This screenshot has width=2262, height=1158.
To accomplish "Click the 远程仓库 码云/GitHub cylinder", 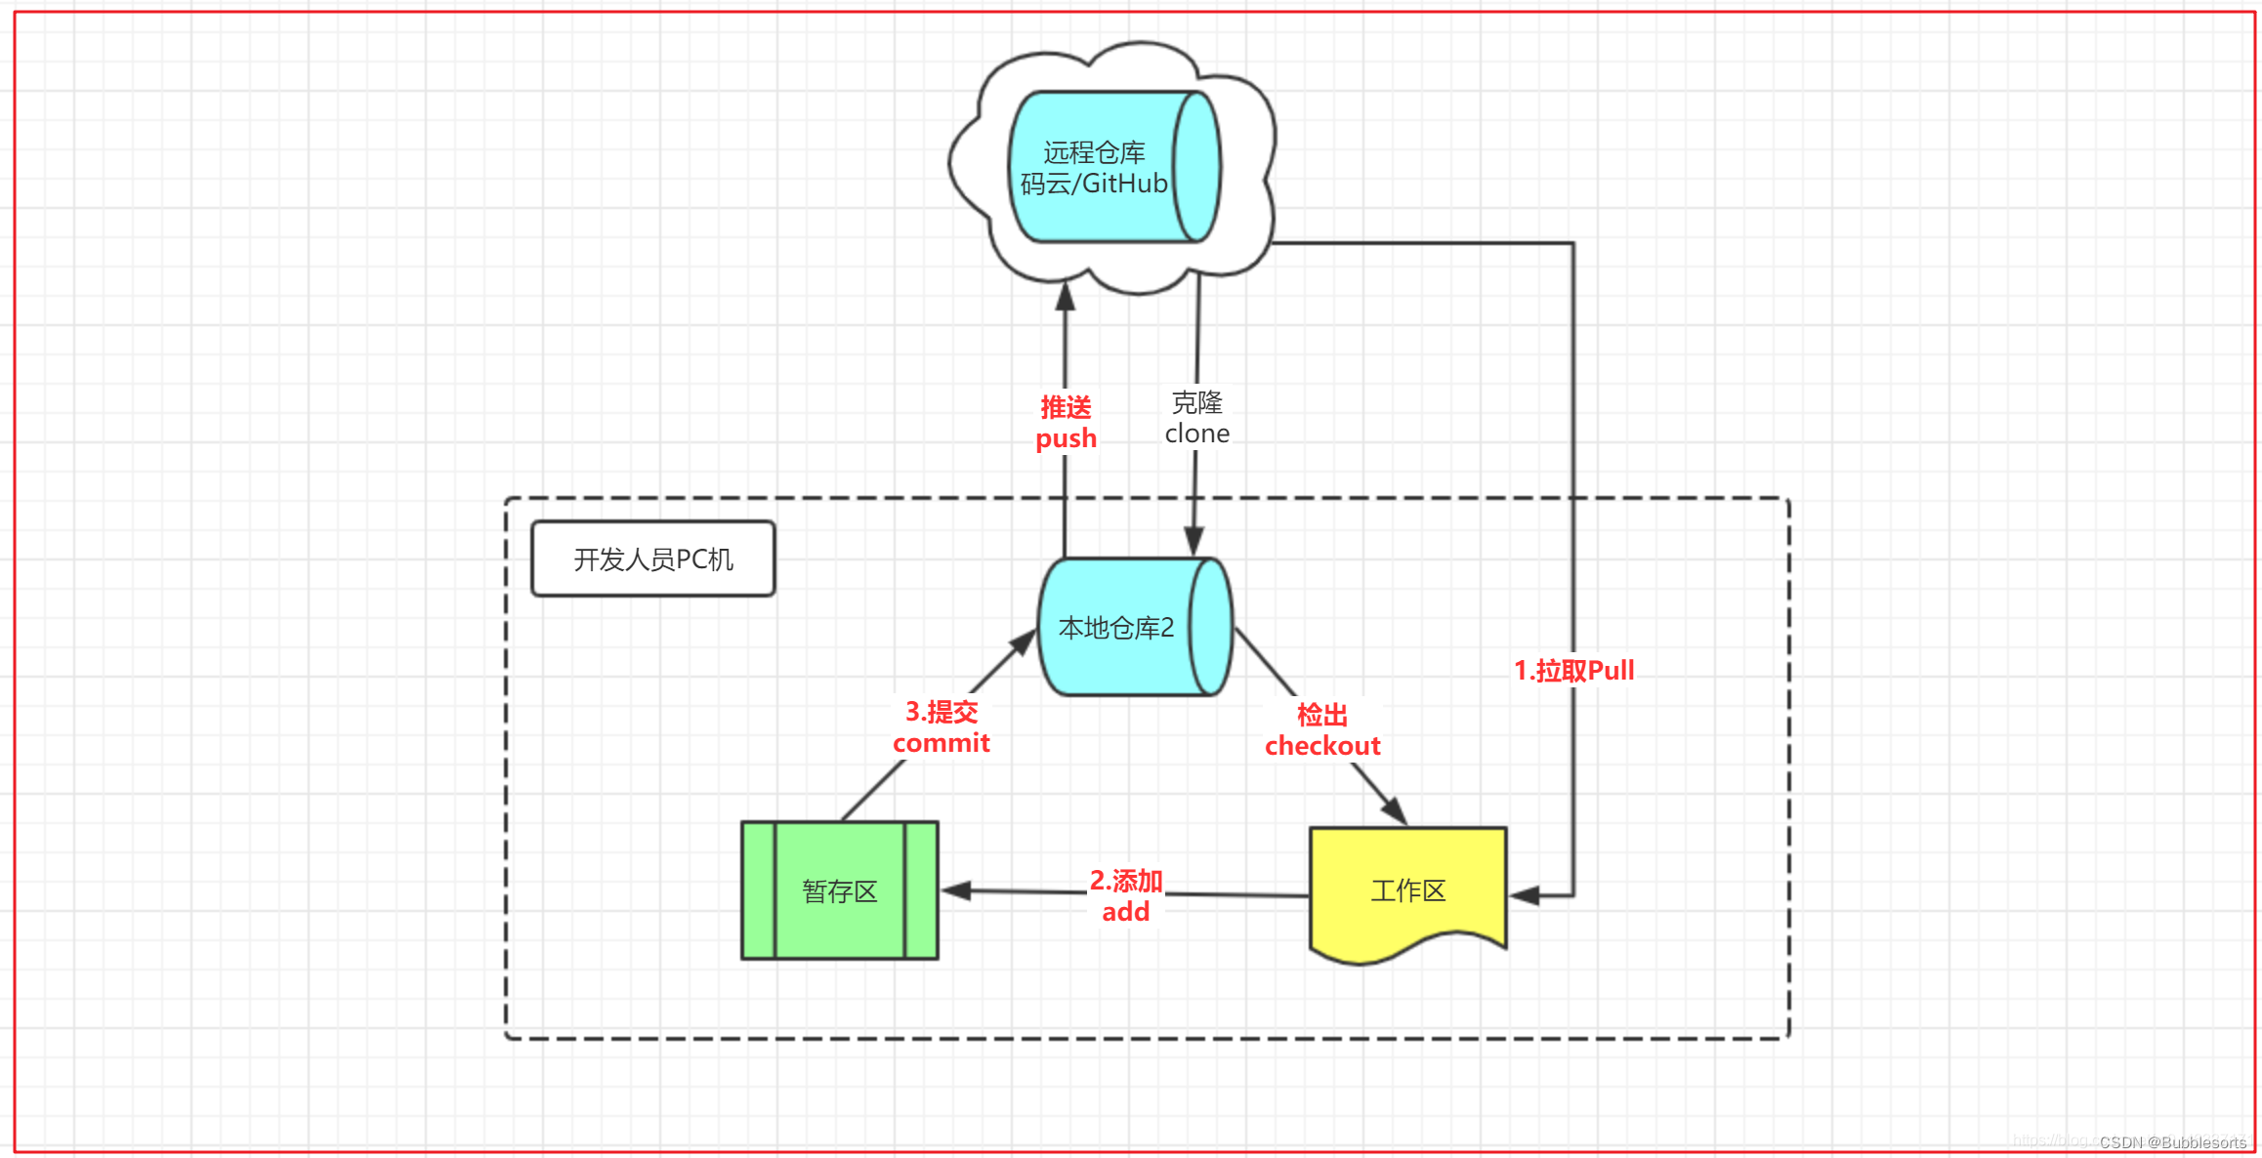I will (1094, 167).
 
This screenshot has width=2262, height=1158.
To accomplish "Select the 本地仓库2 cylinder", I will (1116, 627).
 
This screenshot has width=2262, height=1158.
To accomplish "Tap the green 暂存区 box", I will (840, 890).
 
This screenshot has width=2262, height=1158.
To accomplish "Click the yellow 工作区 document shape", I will (1407, 890).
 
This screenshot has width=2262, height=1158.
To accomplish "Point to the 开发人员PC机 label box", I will (652, 558).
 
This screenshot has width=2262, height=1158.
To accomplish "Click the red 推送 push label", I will (1066, 422).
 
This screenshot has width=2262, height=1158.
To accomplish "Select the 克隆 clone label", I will (1196, 418).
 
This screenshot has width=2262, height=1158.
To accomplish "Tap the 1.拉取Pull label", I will (1573, 670).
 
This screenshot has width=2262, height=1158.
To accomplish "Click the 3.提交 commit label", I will (941, 726).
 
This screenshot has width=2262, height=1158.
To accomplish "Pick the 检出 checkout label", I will (1322, 730).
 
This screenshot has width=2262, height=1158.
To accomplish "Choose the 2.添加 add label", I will (1125, 895).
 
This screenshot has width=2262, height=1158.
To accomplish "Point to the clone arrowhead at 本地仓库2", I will (1194, 542).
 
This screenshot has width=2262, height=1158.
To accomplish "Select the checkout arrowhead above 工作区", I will (1396, 810).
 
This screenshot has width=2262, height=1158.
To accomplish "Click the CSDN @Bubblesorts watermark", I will (2172, 1141).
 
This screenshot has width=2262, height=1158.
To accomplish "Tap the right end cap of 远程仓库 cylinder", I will (1196, 167).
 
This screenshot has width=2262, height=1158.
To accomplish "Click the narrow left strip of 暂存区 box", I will (759, 890).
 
